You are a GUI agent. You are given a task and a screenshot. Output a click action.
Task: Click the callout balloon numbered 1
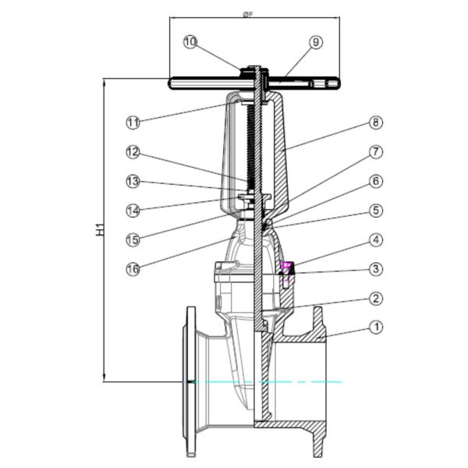(376, 328)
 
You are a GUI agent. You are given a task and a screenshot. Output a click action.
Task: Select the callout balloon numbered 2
(376, 298)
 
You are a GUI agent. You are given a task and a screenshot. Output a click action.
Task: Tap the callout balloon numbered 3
(376, 269)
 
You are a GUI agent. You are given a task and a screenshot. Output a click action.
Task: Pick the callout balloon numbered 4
(376, 239)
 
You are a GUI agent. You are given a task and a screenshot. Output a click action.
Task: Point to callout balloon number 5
(376, 210)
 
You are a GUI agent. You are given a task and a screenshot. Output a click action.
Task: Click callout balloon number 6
(376, 181)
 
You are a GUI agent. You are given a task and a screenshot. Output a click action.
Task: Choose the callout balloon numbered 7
(376, 151)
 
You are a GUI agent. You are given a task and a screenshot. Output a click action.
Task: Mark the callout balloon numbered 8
(376, 122)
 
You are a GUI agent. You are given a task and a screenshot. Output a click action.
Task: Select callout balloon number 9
(316, 42)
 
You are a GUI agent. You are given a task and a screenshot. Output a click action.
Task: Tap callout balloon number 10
(191, 42)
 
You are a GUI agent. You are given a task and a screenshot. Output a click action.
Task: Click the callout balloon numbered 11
(133, 122)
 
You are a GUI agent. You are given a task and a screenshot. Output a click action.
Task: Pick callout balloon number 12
(133, 151)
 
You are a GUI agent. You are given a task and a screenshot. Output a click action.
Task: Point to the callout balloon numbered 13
(133, 181)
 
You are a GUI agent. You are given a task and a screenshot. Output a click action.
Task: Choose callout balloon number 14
(133, 210)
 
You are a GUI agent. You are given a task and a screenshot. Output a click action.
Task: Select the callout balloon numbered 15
(133, 239)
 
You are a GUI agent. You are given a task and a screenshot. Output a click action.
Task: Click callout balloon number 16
(133, 269)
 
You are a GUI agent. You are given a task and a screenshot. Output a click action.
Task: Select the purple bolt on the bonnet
(286, 267)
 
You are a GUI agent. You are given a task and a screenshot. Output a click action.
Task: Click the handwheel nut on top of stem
(257, 69)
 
